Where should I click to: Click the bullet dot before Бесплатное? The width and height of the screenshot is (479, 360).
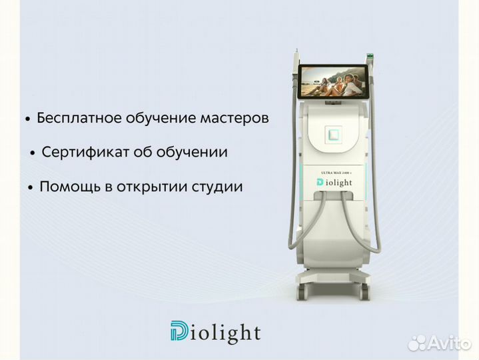coord(27,119)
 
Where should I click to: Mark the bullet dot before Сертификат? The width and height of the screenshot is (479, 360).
coord(33,153)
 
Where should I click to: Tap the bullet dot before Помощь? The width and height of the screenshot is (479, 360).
coord(31,188)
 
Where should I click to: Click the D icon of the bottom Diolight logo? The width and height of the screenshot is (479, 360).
coord(179,332)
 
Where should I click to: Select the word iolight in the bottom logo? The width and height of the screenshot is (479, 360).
coord(226,333)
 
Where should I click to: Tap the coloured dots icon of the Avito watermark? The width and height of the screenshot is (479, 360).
coord(417,343)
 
